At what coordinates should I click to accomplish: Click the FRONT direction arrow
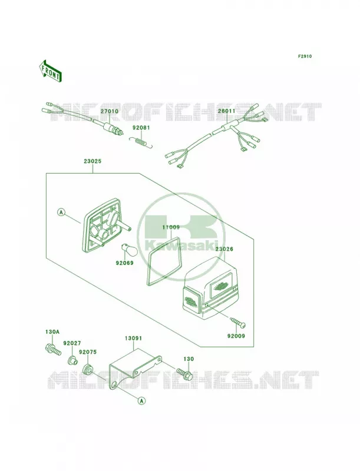50,71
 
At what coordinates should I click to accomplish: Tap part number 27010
110,111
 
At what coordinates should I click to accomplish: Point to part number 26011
227,111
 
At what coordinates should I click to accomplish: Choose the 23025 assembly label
93,161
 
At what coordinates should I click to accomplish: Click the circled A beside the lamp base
61,213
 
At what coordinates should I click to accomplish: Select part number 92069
124,263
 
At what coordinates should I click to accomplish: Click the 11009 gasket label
171,227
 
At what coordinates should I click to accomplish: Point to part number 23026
224,249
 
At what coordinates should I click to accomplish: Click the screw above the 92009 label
238,322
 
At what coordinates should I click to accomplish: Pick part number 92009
236,336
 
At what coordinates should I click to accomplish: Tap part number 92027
72,343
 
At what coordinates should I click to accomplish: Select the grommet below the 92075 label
88,369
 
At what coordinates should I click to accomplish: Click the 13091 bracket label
133,338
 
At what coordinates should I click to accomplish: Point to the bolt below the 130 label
184,373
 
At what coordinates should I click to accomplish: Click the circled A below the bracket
141,400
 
